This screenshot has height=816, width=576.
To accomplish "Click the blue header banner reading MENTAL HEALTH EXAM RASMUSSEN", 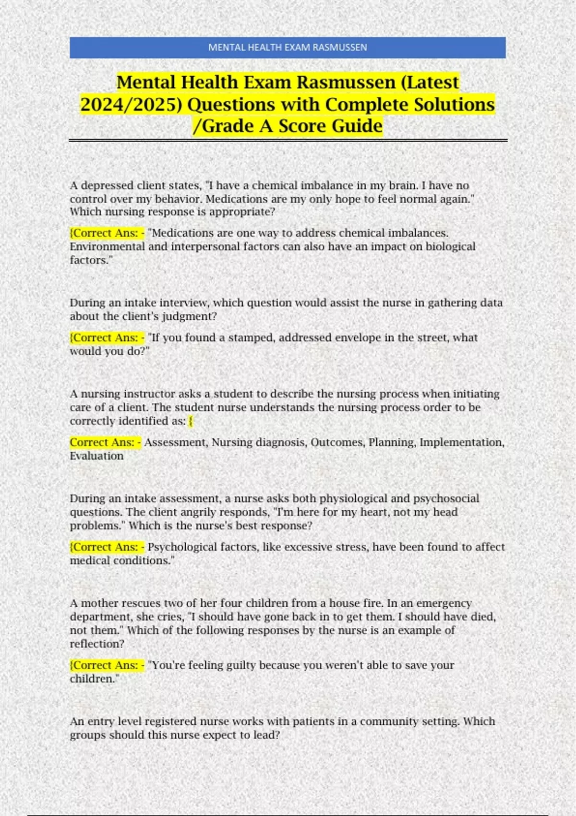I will pyautogui.click(x=288, y=48).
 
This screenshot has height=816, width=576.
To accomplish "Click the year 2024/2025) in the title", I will pyautogui.click(x=131, y=104).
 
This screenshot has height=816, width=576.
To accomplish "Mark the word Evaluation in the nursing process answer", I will pyautogui.click(x=96, y=456).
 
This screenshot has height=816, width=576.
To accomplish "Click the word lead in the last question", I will pyautogui.click(x=266, y=734).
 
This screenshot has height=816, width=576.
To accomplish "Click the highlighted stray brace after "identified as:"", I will pyautogui.click(x=191, y=421).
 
